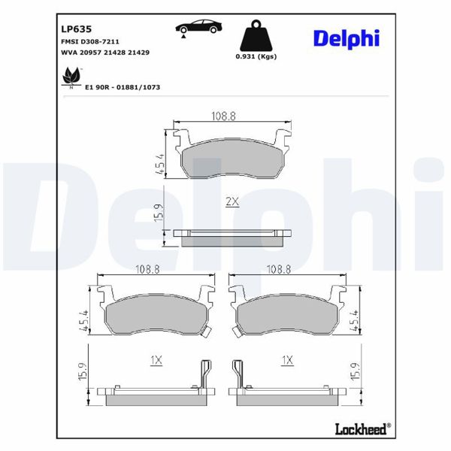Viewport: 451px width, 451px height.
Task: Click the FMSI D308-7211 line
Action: [89, 42]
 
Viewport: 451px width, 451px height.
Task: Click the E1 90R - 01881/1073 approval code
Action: [123, 87]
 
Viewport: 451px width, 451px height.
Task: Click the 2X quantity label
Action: [232, 201]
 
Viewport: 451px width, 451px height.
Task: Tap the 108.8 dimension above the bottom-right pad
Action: [280, 268]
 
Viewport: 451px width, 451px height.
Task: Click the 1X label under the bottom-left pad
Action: [156, 361]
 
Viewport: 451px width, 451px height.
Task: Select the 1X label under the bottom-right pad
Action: [286, 361]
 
